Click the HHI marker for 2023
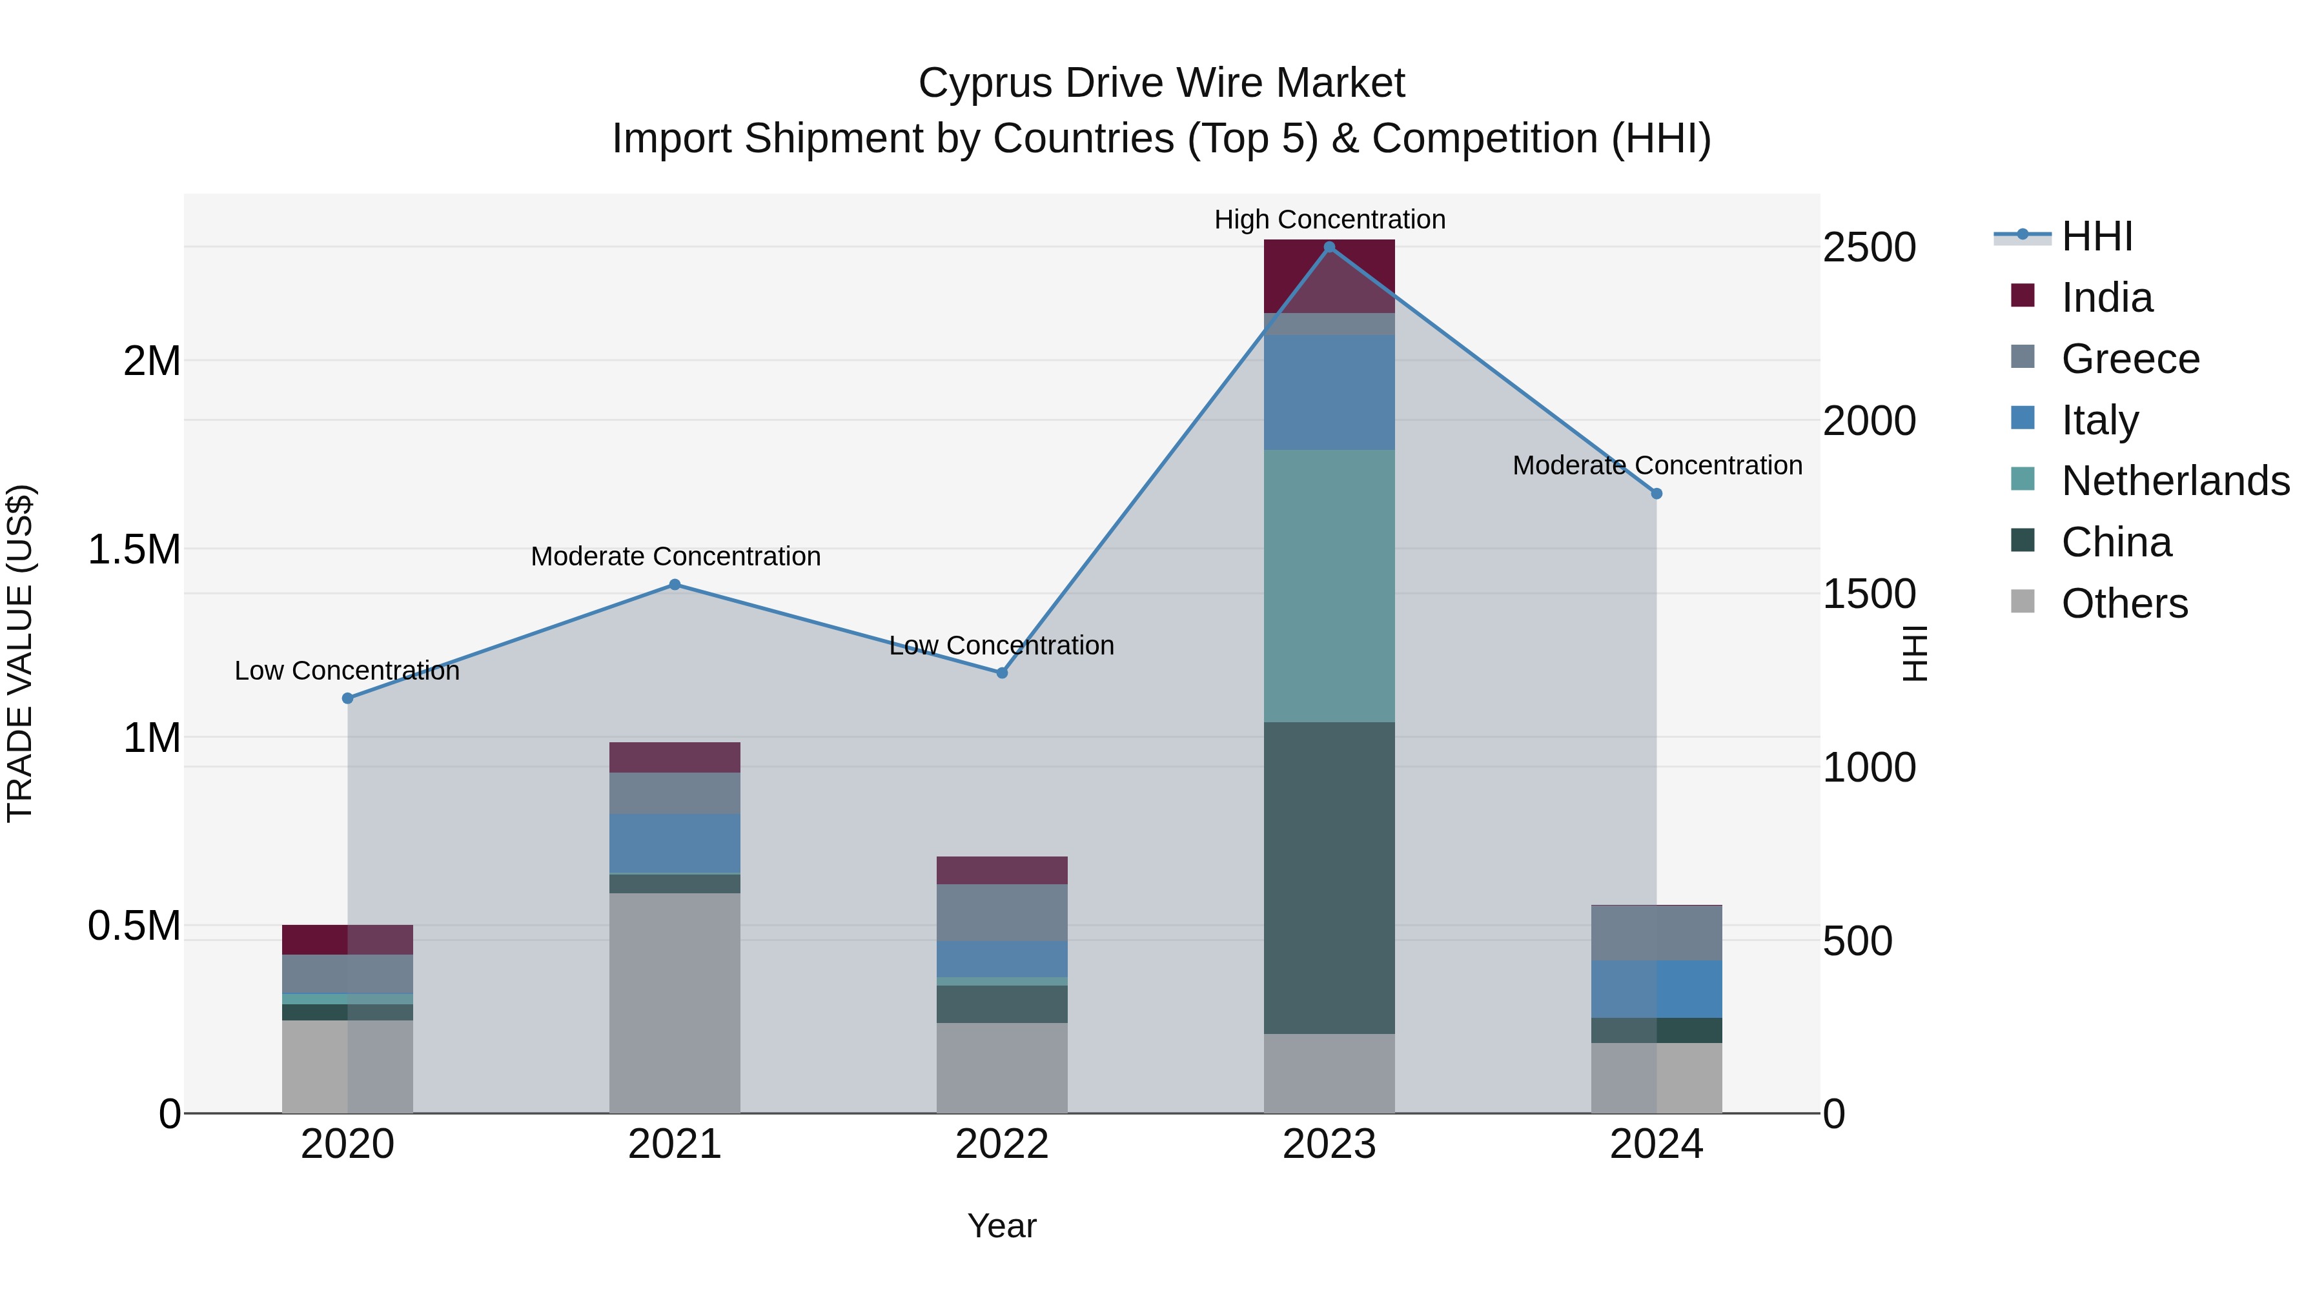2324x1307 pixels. point(1329,247)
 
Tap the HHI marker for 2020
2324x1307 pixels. point(347,698)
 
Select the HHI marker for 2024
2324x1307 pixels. point(1656,493)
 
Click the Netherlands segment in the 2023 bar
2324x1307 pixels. point(1329,585)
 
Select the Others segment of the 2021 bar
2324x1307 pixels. point(675,1002)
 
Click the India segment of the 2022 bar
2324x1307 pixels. point(1001,871)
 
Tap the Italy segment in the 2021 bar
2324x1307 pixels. point(675,844)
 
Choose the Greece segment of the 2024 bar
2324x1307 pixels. point(1656,933)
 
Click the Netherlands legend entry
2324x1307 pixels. point(2175,481)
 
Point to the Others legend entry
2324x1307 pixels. point(2125,603)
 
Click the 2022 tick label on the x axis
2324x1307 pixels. point(1001,1144)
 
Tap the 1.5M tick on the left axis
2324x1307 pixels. point(134,549)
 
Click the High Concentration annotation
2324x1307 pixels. point(1330,219)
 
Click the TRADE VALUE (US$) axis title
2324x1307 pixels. point(20,653)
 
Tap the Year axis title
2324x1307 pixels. point(1001,1226)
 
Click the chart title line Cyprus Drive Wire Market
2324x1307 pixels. point(1161,83)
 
